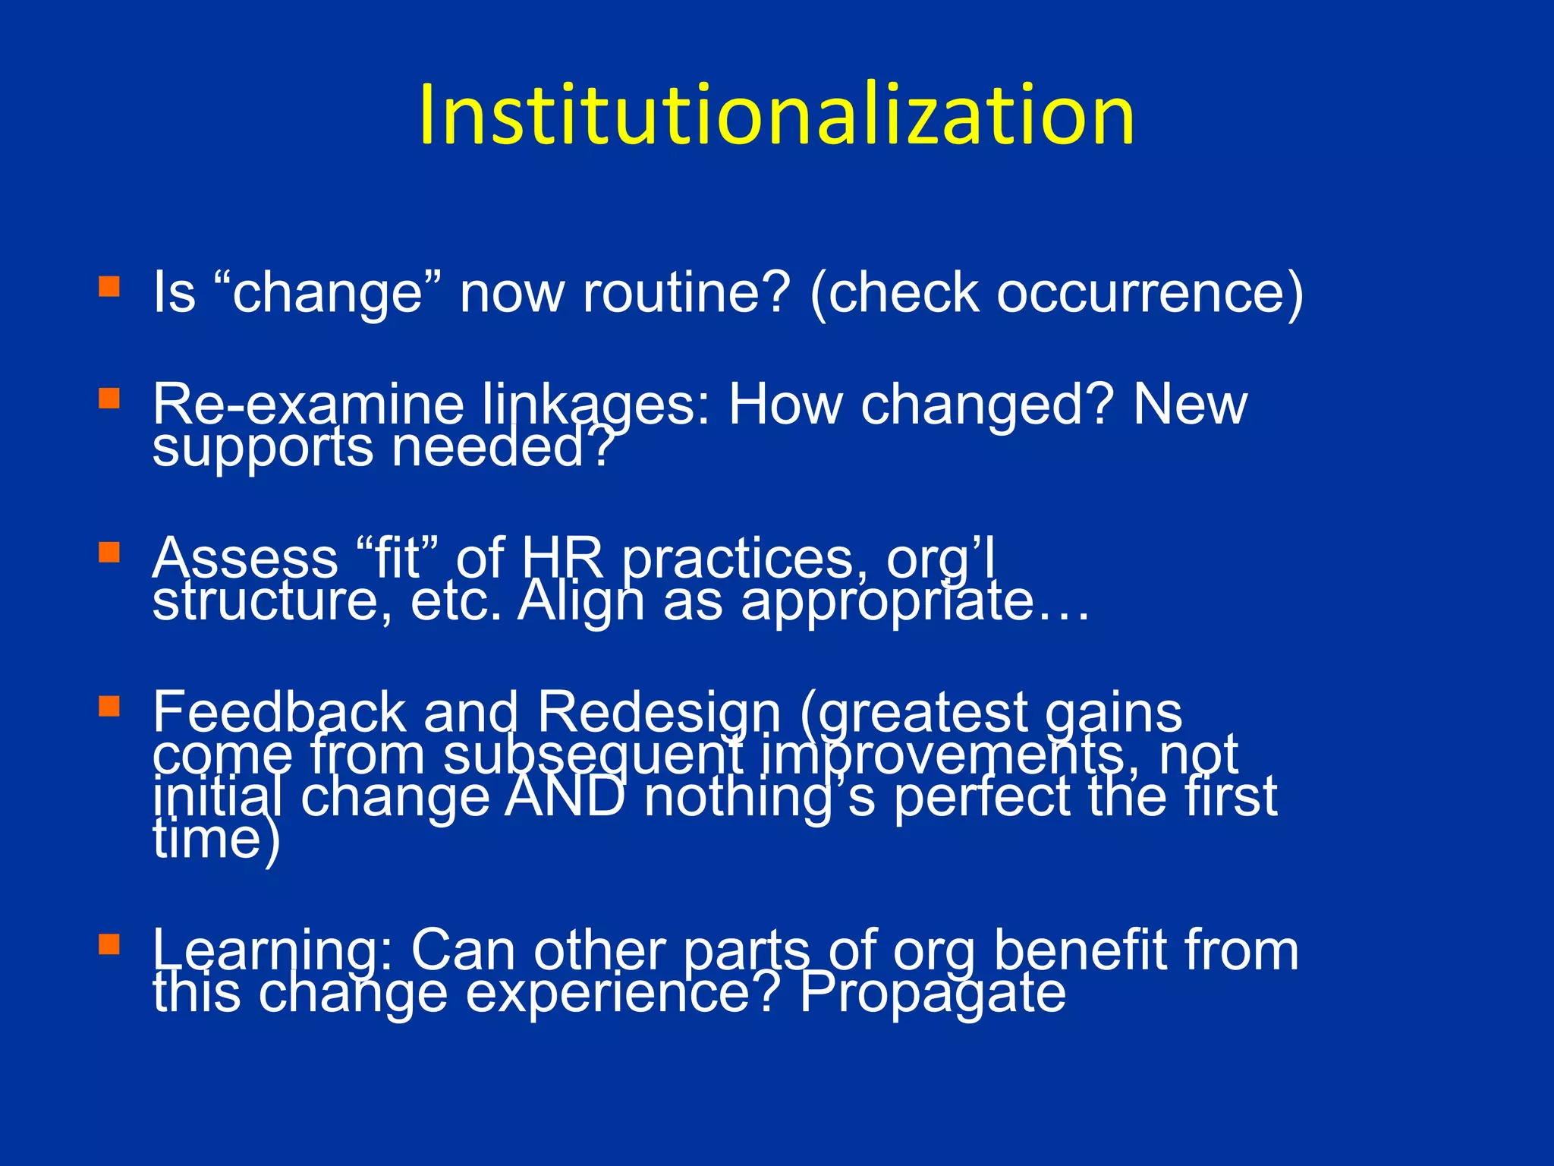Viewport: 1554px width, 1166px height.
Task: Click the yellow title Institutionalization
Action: pos(775,115)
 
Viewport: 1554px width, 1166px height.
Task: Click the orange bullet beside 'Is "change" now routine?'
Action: pos(109,286)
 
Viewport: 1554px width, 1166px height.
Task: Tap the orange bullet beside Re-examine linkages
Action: pos(109,399)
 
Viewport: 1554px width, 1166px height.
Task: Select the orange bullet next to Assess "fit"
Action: pos(109,552)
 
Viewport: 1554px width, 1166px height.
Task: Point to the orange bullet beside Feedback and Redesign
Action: pos(109,707)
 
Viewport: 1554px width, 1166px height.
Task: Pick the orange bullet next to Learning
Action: pos(109,944)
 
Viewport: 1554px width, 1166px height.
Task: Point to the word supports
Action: pos(263,448)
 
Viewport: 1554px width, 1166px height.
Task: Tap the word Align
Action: pos(581,603)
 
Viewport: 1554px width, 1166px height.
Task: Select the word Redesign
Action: pos(659,714)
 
